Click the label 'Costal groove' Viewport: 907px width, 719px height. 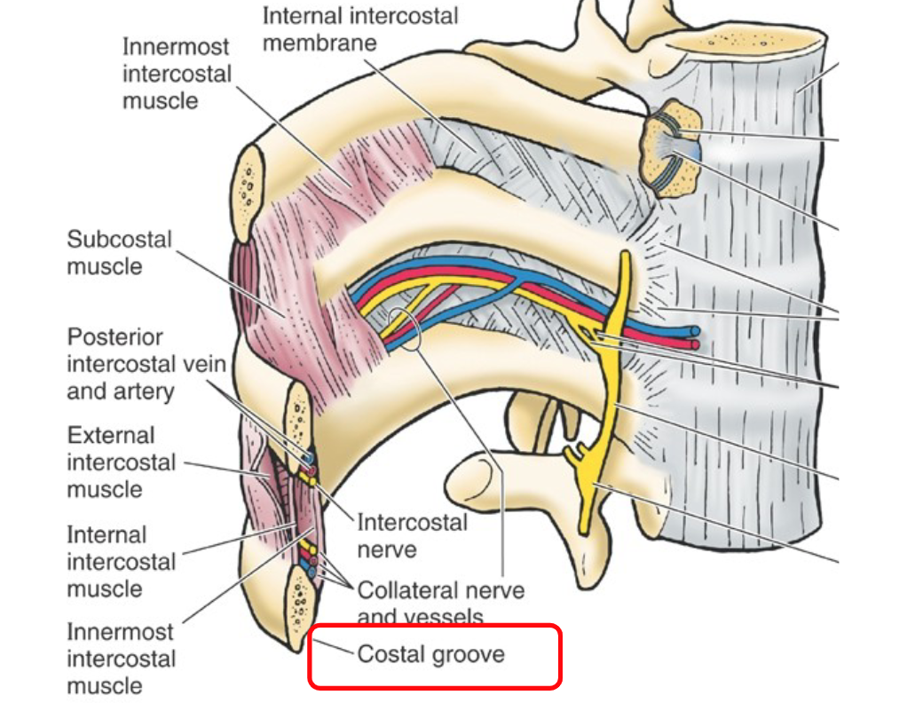pyautogui.click(x=430, y=655)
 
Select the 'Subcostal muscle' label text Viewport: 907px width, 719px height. pyautogui.click(x=119, y=252)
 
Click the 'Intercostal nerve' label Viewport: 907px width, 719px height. pyautogui.click(x=412, y=535)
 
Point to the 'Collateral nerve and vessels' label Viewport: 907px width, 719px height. pyautogui.click(x=440, y=602)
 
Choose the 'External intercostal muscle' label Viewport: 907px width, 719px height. pyautogui.click(x=122, y=462)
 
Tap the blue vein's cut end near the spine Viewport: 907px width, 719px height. pyautogui.click(x=693, y=331)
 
